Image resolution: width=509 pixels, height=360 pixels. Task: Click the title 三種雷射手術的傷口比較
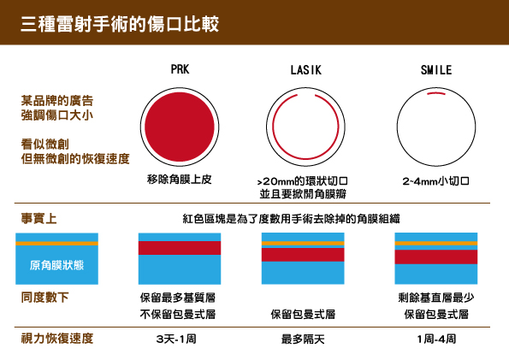pos(120,24)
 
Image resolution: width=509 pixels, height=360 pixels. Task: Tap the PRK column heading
pos(180,69)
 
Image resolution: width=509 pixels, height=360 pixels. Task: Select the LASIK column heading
pos(305,70)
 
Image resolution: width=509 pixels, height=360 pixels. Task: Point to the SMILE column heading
pos(436,70)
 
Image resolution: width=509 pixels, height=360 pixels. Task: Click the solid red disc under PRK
pos(180,127)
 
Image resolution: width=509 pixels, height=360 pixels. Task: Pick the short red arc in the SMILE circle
pos(436,93)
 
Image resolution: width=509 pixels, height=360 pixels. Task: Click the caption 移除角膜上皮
pos(179,180)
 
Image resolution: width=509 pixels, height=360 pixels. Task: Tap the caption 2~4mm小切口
pos(436,180)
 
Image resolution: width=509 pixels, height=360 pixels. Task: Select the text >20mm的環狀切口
pos(303,180)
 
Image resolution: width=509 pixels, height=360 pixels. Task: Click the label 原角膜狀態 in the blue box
pos(56,265)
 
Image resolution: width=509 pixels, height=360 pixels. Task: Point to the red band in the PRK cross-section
pos(180,248)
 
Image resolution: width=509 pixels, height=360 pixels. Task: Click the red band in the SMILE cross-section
pos(436,257)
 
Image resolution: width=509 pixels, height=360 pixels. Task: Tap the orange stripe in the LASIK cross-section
pos(303,243)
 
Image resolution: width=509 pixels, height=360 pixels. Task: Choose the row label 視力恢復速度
pos(57,339)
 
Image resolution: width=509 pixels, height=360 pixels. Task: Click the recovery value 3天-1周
pos(176,339)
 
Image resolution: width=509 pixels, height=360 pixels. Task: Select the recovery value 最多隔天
pos(303,339)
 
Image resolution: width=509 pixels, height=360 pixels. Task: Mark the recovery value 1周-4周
pos(436,339)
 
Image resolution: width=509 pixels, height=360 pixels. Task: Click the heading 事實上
pos(39,218)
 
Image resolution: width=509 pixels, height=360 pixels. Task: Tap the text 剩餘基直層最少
pos(436,298)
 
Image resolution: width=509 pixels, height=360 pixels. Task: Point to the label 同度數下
pos(44,298)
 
